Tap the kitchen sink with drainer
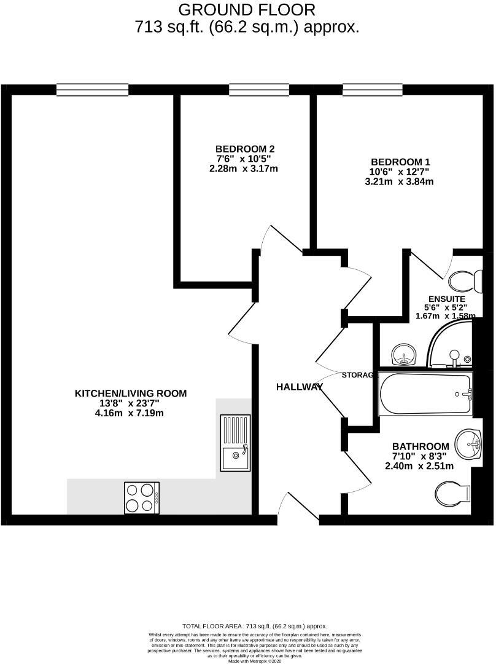click(x=235, y=442)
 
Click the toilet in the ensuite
click(x=465, y=282)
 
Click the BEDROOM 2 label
click(x=244, y=149)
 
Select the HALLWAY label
click(x=299, y=387)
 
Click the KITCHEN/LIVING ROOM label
click(x=131, y=393)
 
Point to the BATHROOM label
click(x=420, y=446)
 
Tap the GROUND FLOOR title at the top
click(x=247, y=10)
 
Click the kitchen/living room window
click(x=93, y=90)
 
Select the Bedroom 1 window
click(x=373, y=90)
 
